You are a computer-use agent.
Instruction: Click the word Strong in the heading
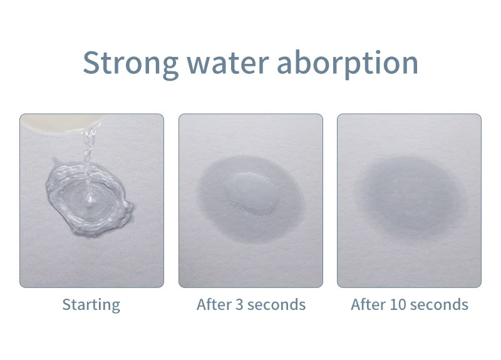(130, 63)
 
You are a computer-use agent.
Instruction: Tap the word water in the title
(227, 63)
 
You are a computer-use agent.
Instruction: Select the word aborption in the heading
(348, 63)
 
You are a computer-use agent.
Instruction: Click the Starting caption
(91, 305)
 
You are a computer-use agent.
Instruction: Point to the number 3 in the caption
(240, 304)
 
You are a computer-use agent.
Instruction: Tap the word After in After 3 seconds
(214, 304)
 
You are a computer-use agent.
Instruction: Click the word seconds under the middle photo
(276, 304)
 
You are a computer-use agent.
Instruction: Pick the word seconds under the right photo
(439, 304)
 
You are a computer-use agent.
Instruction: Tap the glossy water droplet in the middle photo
(252, 192)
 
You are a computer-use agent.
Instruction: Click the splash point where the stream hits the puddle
(90, 200)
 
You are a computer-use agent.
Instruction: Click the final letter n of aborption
(410, 66)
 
